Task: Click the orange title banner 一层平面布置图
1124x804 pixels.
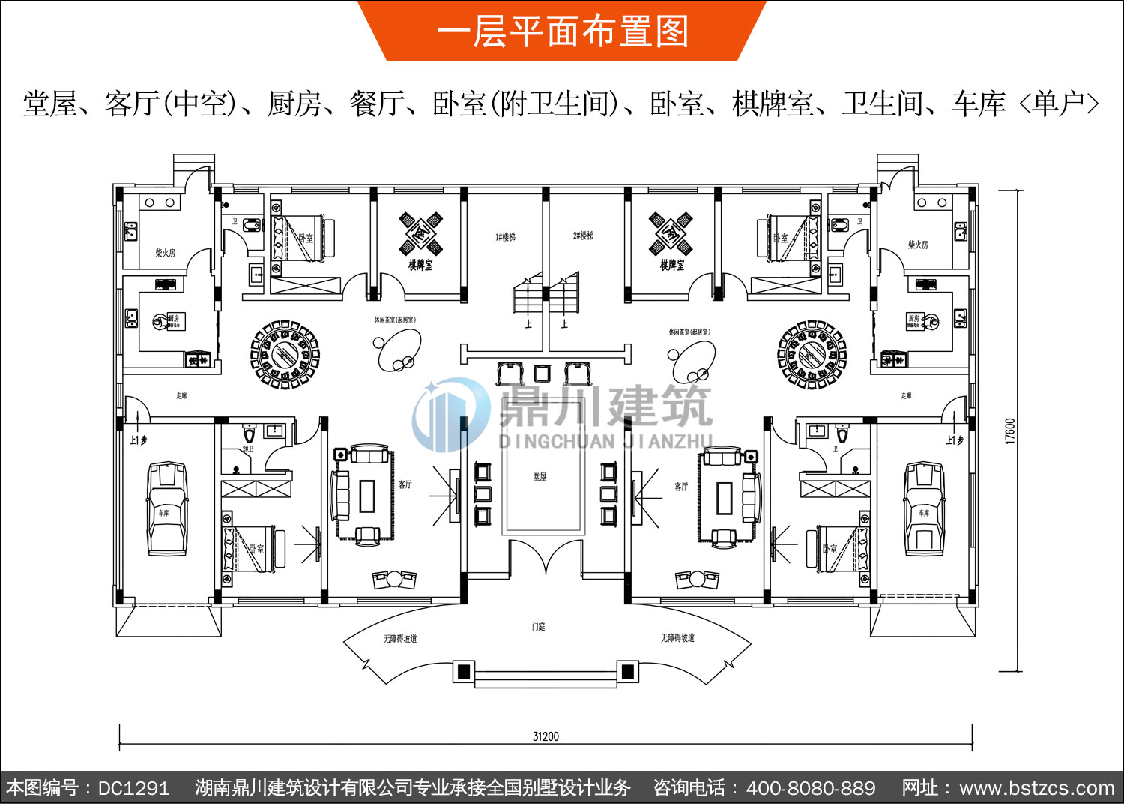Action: click(562, 31)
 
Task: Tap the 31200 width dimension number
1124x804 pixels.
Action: click(546, 736)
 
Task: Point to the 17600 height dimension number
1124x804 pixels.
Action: click(1010, 431)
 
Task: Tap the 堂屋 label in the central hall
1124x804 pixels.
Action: click(540, 477)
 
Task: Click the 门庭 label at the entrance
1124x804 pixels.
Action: click(538, 627)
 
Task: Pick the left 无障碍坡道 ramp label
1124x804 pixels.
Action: click(400, 639)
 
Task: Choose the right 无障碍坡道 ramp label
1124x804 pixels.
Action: click(677, 638)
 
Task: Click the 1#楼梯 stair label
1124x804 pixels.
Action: click(505, 237)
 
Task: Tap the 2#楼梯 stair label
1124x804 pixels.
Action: click(583, 235)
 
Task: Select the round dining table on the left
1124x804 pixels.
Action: click(285, 355)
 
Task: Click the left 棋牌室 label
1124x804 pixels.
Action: click(420, 265)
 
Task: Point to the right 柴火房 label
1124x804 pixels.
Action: click(918, 244)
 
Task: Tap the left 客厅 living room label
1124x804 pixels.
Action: click(405, 484)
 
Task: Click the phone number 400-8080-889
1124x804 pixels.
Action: click(811, 788)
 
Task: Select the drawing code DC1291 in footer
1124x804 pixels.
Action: click(133, 788)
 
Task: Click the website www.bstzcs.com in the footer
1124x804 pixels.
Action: click(1037, 788)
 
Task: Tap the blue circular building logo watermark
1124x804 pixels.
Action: click(448, 414)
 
